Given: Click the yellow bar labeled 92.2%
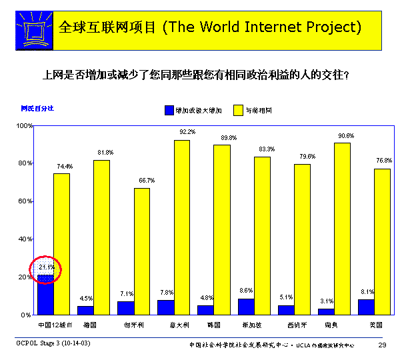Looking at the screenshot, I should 181,227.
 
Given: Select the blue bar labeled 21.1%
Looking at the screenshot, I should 45,294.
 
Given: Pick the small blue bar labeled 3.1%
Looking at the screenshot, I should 326,311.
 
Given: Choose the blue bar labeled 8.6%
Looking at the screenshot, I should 245,307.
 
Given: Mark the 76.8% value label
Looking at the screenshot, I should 384,161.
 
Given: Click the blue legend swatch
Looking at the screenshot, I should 168,109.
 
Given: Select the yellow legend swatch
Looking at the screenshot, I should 238,109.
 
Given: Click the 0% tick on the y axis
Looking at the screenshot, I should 27,314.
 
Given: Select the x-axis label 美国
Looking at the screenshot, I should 375,325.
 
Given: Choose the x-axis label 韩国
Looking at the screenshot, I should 214,325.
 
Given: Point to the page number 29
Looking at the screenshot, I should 382,344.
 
